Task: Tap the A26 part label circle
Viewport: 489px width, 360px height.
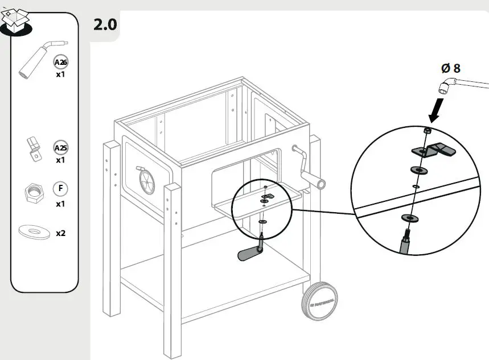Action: (x=60, y=62)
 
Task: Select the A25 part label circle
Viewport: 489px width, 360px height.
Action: (x=60, y=148)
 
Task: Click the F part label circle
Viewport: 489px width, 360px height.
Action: (x=60, y=188)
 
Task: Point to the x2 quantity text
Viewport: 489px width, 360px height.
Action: (x=60, y=233)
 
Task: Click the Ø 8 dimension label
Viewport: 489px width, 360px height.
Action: (x=450, y=68)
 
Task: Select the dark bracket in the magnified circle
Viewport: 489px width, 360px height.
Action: (x=434, y=150)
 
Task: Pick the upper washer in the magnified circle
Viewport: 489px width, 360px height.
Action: (x=419, y=170)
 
